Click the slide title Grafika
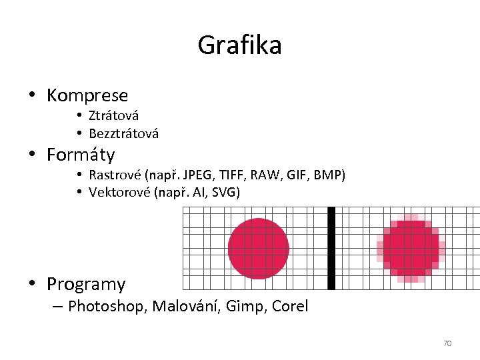pyautogui.click(x=239, y=45)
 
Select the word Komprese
pyautogui.click(x=87, y=96)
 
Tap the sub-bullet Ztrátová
pyautogui.click(x=113, y=116)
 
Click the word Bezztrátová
pyautogui.click(x=123, y=134)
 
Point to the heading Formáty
pyautogui.click(x=81, y=155)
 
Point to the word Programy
pyautogui.click(x=86, y=284)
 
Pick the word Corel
pyautogui.click(x=291, y=307)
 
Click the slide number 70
pyautogui.click(x=447, y=343)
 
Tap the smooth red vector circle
pyautogui.click(x=259, y=248)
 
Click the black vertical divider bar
pyautogui.click(x=331, y=248)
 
